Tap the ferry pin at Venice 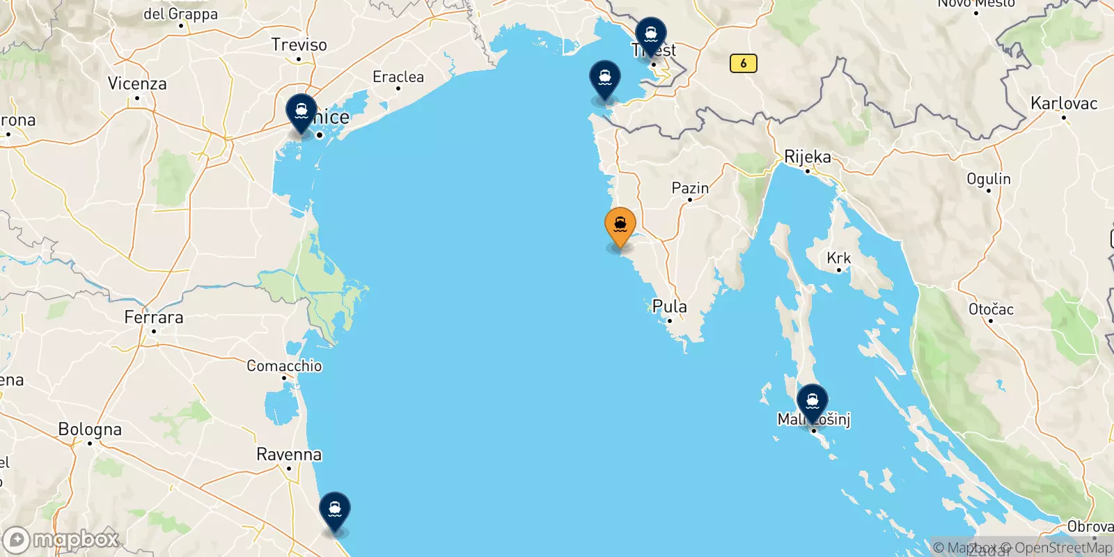(301, 112)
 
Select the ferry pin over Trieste (650, 35)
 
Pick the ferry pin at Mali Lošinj (812, 402)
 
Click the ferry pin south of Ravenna (334, 510)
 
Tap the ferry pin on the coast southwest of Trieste (604, 79)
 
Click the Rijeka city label (808, 157)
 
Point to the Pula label (669, 306)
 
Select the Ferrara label (154, 317)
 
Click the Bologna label (90, 429)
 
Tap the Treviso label (299, 45)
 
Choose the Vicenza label (137, 84)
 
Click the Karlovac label (1064, 103)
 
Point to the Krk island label (838, 258)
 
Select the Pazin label (690, 188)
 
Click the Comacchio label (284, 366)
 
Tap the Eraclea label (398, 77)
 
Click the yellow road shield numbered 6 (743, 63)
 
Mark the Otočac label (991, 309)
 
